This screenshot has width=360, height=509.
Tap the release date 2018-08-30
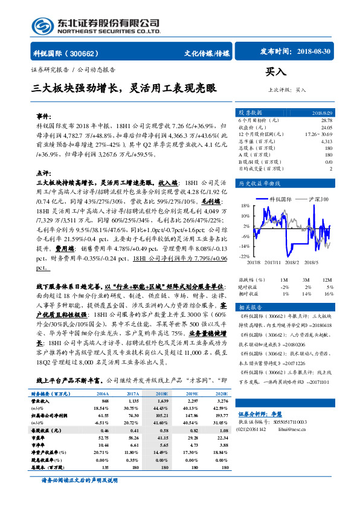click(315, 53)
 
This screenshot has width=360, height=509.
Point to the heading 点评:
click(44, 172)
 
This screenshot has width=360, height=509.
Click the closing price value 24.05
click(326, 128)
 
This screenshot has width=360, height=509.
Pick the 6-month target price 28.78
click(326, 121)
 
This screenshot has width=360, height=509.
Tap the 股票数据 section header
click(250, 113)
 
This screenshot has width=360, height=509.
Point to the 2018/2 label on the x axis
click(293, 262)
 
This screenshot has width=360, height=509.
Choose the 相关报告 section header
click(250, 306)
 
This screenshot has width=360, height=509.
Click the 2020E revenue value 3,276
click(222, 401)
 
